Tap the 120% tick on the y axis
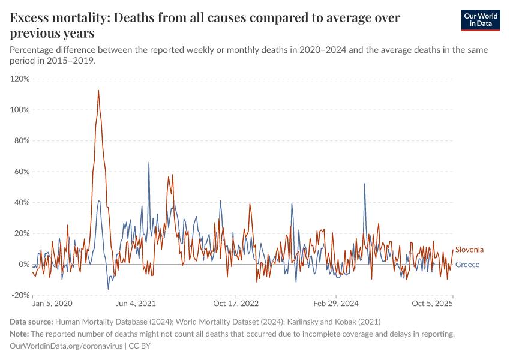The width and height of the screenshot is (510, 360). pyautogui.click(x=20, y=79)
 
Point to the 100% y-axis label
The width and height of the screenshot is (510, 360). pyautogui.click(x=20, y=110)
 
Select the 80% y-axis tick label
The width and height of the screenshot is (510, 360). pyautogui.click(x=21, y=141)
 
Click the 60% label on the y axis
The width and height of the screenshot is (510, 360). pyautogui.click(x=21, y=172)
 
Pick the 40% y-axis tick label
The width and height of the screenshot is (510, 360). pyautogui.click(x=21, y=203)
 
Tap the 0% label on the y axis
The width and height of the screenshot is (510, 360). pyautogui.click(x=23, y=265)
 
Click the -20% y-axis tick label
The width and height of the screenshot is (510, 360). pyautogui.click(x=20, y=295)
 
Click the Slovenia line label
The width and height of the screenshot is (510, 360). pyautogui.click(x=469, y=250)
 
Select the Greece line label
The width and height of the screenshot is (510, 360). pyautogui.click(x=467, y=265)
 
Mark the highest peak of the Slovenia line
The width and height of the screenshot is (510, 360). pyautogui.click(x=98, y=91)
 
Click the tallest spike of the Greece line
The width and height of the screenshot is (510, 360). pyautogui.click(x=149, y=163)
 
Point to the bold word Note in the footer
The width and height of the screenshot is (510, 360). pyautogui.click(x=19, y=334)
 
